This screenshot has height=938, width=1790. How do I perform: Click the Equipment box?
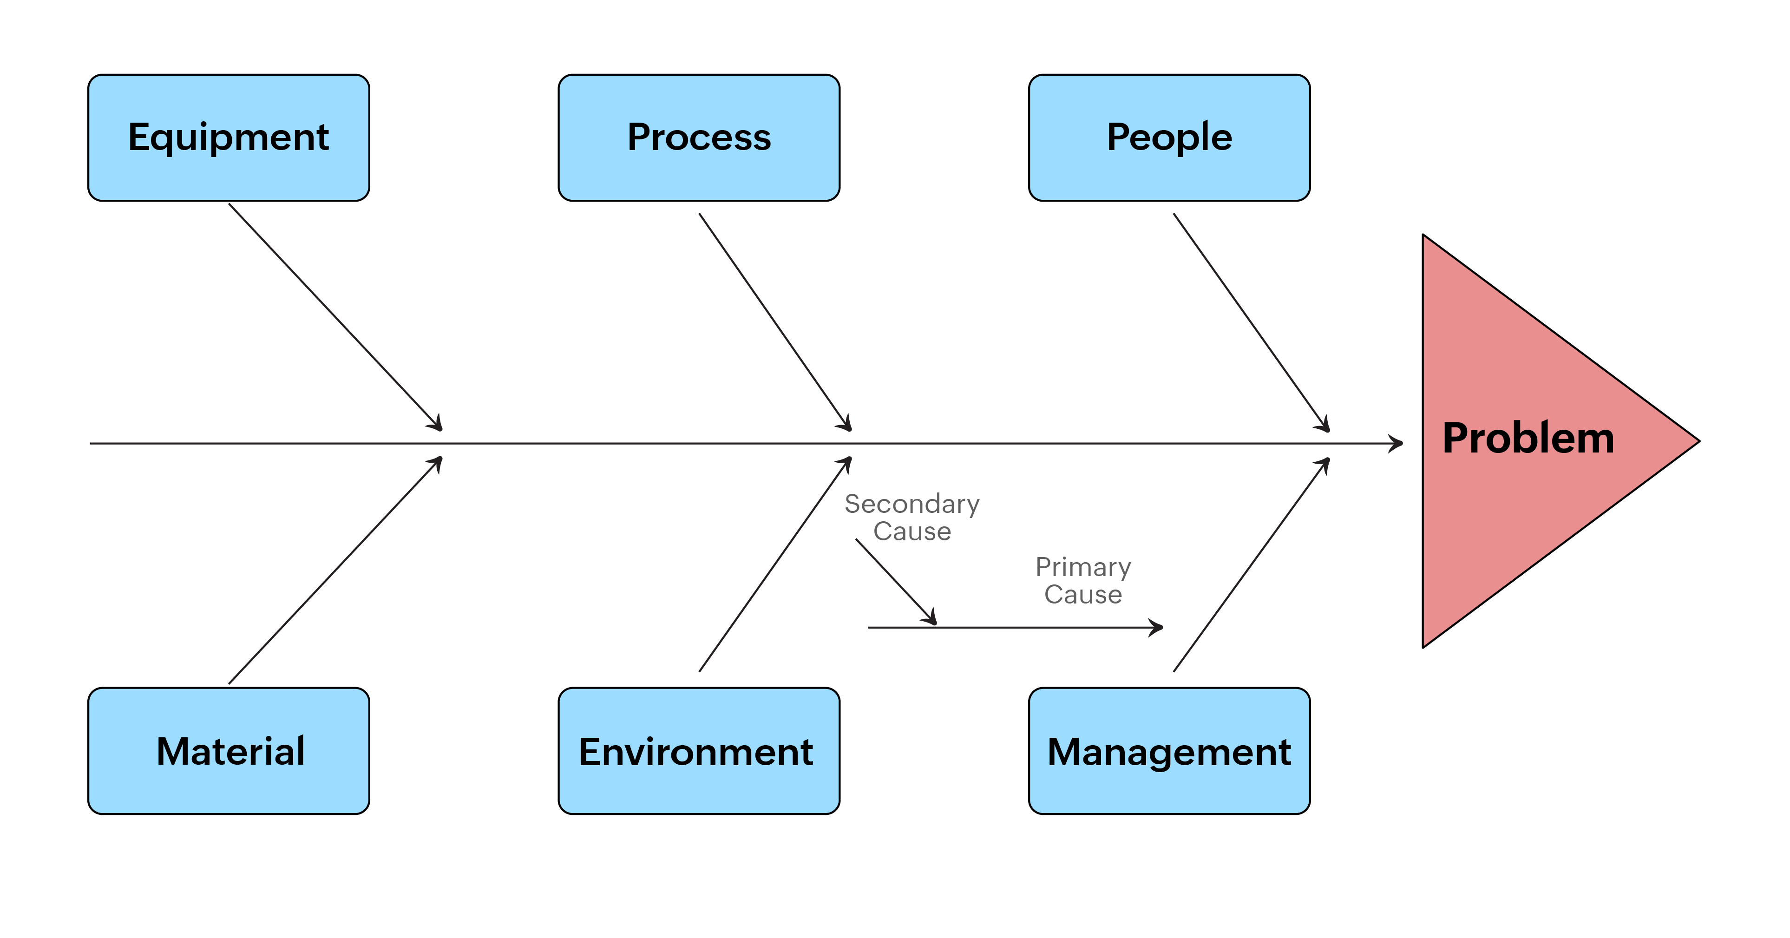(x=229, y=138)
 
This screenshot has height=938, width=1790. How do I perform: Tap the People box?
(x=1169, y=138)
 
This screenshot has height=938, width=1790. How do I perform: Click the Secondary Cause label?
(x=911, y=517)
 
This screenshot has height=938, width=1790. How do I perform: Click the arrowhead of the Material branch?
(x=438, y=461)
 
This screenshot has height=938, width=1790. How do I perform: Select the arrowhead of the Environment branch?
(x=847, y=461)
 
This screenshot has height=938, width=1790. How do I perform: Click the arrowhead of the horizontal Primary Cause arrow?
(x=1158, y=627)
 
